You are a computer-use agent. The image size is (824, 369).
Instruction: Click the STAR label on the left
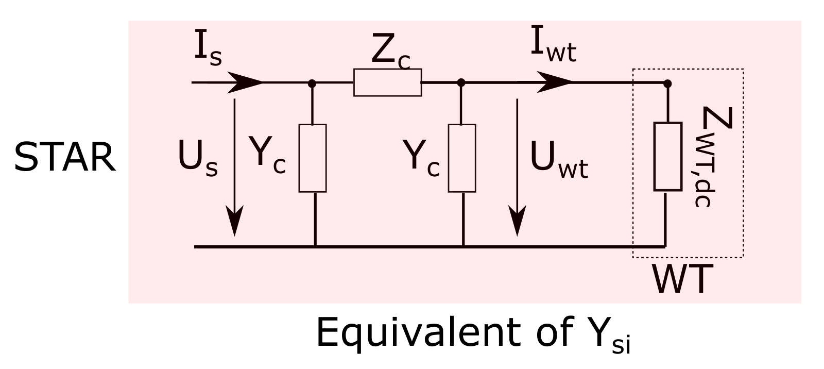pos(64,158)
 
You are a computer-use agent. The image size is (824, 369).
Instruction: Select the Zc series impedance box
pos(387,82)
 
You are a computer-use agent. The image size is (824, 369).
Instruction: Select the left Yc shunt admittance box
pos(313,158)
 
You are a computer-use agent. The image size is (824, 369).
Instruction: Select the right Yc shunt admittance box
pos(462,158)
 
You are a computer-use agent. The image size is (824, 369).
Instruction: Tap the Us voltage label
pos(197,158)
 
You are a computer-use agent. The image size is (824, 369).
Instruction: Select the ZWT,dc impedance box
pos(667,157)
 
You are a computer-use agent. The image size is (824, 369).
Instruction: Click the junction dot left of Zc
pos(312,82)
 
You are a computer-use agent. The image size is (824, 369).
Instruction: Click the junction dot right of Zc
pos(461,82)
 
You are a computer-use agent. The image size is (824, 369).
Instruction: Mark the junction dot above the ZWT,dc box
pos(667,82)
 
